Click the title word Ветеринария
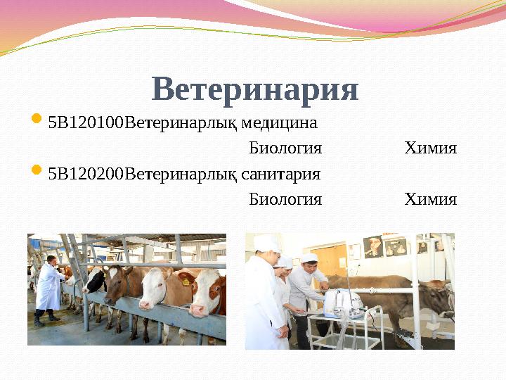(x=254, y=90)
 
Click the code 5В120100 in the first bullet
(x=85, y=124)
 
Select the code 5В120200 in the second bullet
(x=85, y=174)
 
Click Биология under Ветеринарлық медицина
(x=285, y=148)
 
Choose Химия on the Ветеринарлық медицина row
(x=430, y=148)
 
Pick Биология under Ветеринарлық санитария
(x=285, y=199)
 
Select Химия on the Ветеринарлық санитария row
(x=430, y=199)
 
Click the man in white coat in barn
(x=49, y=285)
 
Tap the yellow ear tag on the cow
(x=186, y=281)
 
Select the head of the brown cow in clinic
(x=439, y=296)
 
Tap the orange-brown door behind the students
(x=330, y=260)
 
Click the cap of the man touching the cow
(x=309, y=258)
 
